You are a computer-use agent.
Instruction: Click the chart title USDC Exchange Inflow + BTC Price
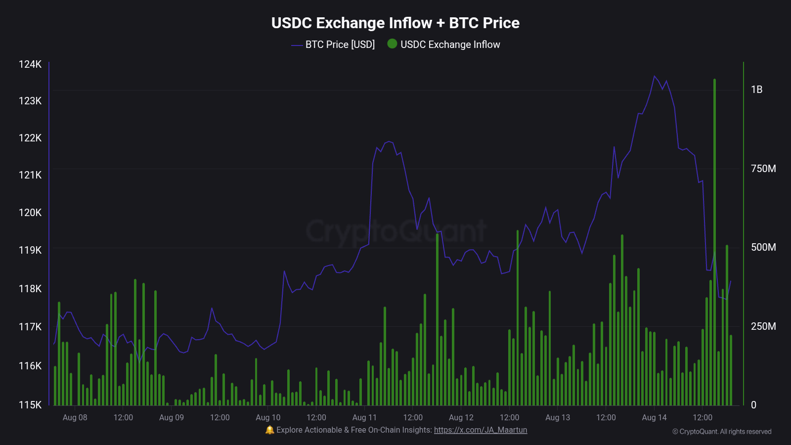coord(395,23)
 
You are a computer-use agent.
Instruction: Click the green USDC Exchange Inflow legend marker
coord(392,44)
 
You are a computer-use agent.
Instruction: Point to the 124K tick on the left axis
coord(30,64)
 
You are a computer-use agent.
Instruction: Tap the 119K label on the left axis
coord(30,250)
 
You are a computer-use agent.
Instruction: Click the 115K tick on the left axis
coord(30,405)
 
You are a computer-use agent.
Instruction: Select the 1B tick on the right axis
coord(756,89)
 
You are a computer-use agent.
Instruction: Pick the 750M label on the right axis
coord(763,169)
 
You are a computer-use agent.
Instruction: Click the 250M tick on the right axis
coord(763,326)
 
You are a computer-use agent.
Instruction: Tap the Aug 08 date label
coord(75,417)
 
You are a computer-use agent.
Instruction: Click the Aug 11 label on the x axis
coord(364,417)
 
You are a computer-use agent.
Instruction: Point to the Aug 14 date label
coord(654,417)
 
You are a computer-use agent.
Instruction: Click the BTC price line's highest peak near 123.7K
coord(654,76)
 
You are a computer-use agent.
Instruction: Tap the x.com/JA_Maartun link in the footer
coord(481,430)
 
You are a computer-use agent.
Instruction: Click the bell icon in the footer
coord(269,430)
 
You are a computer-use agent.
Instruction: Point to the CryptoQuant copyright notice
coord(722,432)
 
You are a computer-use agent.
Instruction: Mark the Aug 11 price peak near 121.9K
coord(389,141)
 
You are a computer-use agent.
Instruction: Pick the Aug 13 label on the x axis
coord(558,417)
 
